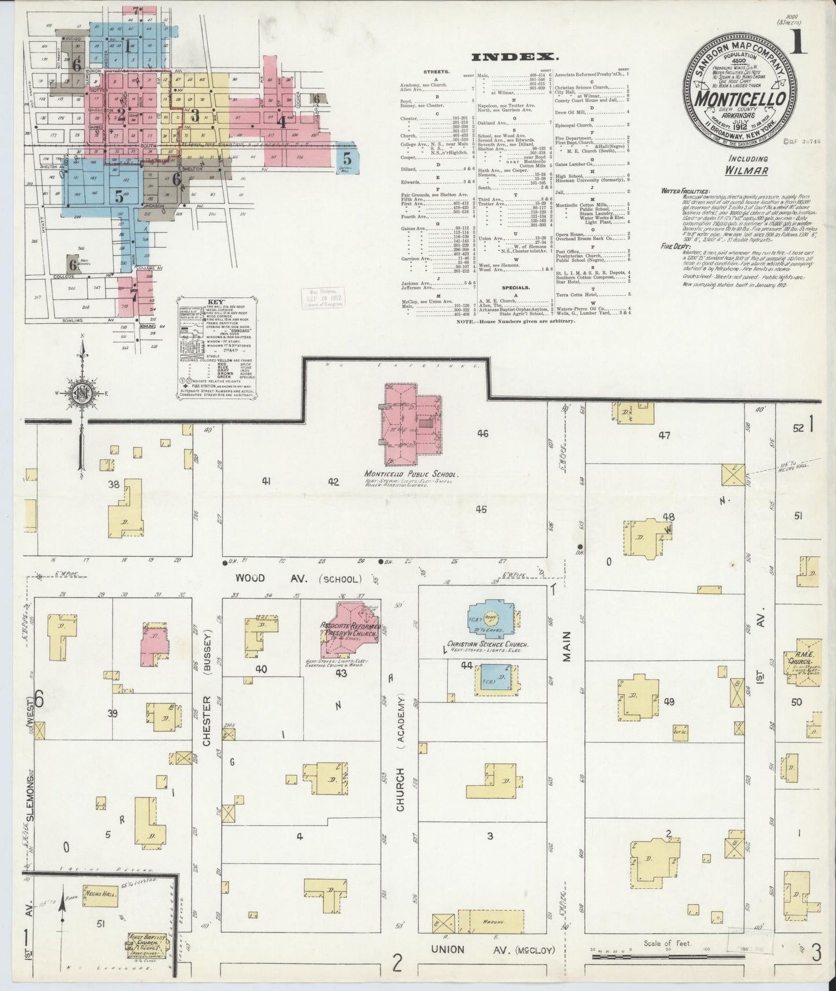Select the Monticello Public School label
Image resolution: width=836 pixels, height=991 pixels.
(412, 474)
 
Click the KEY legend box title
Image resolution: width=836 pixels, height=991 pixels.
(216, 302)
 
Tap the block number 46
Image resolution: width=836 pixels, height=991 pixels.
(483, 433)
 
